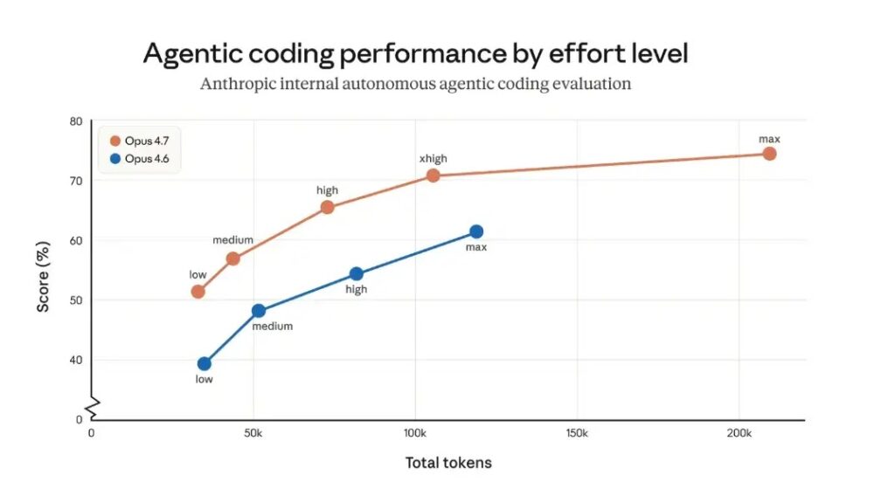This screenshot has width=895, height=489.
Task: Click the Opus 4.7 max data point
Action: pyautogui.click(x=769, y=154)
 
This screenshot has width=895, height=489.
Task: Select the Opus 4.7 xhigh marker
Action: pyautogui.click(x=433, y=176)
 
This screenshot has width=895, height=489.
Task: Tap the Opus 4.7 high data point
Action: pyautogui.click(x=328, y=207)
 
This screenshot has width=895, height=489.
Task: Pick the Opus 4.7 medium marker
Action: pyautogui.click(x=232, y=258)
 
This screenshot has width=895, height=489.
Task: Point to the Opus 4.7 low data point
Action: pyautogui.click(x=198, y=292)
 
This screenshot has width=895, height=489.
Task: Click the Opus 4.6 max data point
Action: pyautogui.click(x=476, y=231)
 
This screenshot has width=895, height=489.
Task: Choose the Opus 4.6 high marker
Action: pyautogui.click(x=357, y=274)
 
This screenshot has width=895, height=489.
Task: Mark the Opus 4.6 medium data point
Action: pyautogui.click(x=259, y=311)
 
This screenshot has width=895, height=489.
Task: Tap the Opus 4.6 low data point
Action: pyautogui.click(x=205, y=363)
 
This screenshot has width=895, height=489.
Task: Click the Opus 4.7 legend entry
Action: pyautogui.click(x=140, y=141)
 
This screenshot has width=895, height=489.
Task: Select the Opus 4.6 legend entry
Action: pyautogui.click(x=140, y=159)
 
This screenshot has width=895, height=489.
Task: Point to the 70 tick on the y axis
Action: pyautogui.click(x=76, y=181)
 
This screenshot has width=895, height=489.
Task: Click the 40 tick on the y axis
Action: pyautogui.click(x=76, y=360)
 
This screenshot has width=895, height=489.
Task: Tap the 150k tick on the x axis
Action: pyautogui.click(x=577, y=434)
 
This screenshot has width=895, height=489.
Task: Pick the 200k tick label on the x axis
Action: pyautogui.click(x=739, y=434)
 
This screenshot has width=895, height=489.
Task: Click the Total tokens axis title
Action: pyautogui.click(x=448, y=463)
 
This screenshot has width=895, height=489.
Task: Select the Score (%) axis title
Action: pyautogui.click(x=43, y=270)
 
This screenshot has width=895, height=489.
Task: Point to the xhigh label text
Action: pyautogui.click(x=434, y=159)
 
